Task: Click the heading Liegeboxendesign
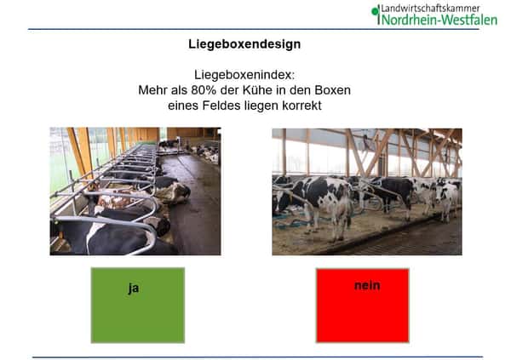(244, 44)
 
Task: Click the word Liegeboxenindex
(244, 75)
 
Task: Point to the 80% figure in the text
(204, 90)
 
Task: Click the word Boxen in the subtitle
(333, 90)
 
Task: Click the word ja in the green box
(134, 288)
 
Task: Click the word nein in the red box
(367, 285)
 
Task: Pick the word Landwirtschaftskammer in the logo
(430, 9)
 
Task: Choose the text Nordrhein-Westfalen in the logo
(439, 20)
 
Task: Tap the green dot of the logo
(375, 12)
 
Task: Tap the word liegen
(261, 106)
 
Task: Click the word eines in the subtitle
(183, 106)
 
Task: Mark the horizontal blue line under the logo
(254, 29)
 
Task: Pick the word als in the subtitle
(179, 90)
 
